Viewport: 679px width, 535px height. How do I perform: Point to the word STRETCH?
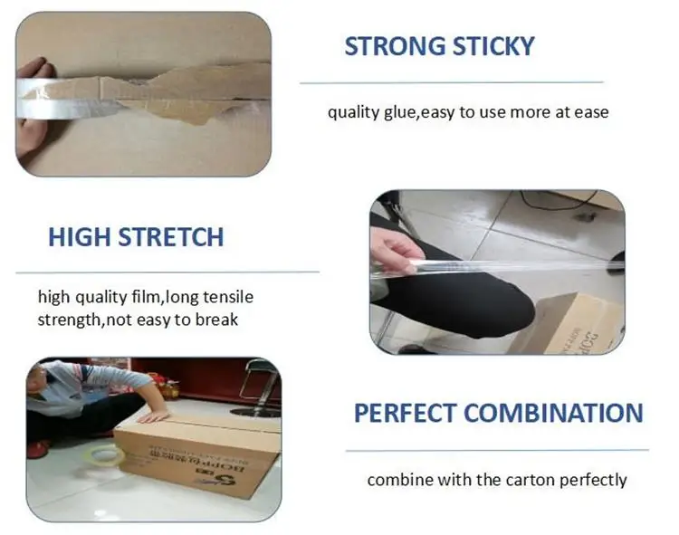coord(173,238)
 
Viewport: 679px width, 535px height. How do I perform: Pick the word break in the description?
coord(217,320)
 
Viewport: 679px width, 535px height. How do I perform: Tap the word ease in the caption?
coord(592,113)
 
